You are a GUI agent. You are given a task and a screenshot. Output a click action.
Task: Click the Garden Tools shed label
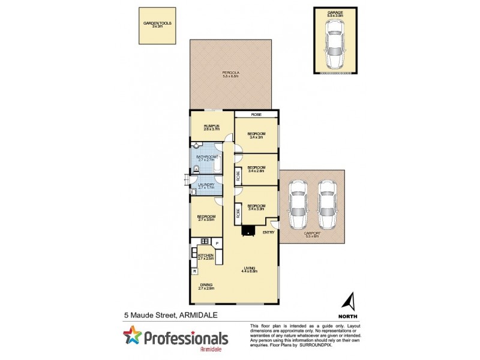pos(157,25)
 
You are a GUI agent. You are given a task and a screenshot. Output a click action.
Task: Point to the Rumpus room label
pos(211,127)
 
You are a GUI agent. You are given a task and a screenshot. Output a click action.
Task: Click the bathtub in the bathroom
pos(217,162)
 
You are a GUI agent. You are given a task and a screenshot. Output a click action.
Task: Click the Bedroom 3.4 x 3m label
pos(256,135)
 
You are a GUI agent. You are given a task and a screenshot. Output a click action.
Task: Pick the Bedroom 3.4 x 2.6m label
pos(256,169)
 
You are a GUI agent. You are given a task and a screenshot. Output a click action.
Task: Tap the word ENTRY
pos(268,233)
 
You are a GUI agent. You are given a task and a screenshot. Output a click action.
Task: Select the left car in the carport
pos(298,203)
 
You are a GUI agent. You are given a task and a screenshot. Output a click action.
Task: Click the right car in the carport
pos(327,203)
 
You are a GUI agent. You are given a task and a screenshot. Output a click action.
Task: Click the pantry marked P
pos(217,243)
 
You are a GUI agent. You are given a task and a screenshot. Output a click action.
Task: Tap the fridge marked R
pos(195,272)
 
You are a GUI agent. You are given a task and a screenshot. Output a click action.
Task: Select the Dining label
pos(206,286)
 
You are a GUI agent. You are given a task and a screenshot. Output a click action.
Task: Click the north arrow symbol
pos(352,301)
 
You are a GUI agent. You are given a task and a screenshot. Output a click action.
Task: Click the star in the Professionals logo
pos(132,337)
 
